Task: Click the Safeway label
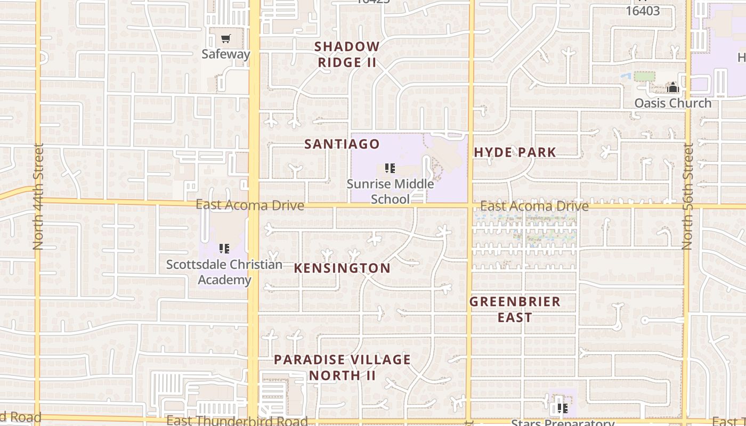click(226, 54)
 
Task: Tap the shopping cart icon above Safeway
click(226, 39)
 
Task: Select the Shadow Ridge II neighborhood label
click(347, 54)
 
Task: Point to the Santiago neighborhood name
click(342, 144)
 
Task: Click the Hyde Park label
click(515, 152)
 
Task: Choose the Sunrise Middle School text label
click(390, 192)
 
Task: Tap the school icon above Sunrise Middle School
click(390, 169)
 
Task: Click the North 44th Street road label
click(38, 196)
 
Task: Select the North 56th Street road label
click(687, 196)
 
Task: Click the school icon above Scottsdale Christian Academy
click(224, 248)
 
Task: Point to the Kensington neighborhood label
click(342, 268)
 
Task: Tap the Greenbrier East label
click(515, 309)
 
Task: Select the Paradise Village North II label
click(342, 367)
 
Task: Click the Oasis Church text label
click(672, 103)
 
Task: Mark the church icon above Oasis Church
click(672, 87)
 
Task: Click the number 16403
click(643, 11)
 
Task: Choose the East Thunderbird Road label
click(237, 420)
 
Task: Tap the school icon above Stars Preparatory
click(562, 408)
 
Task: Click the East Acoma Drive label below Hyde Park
click(534, 206)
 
